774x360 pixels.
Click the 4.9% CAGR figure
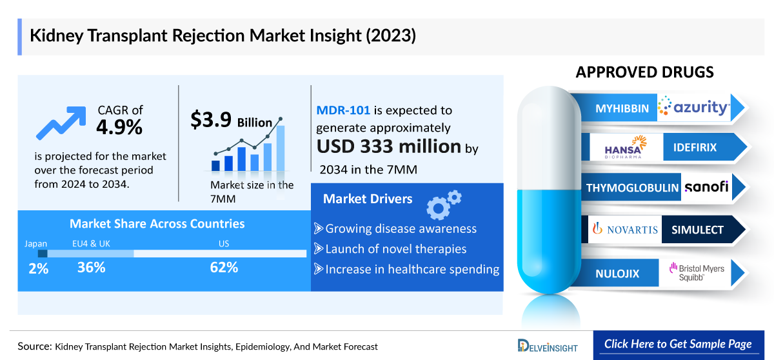click(x=119, y=127)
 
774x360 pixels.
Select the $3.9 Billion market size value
click(x=231, y=121)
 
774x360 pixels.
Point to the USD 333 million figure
click(x=388, y=146)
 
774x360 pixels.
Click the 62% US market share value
click(x=224, y=267)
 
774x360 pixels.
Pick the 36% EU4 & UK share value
click(x=91, y=267)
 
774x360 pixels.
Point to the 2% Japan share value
click(x=39, y=268)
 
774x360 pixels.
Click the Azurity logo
click(x=693, y=108)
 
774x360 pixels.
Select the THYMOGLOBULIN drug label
click(x=632, y=188)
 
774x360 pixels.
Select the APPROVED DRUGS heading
click(x=644, y=72)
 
